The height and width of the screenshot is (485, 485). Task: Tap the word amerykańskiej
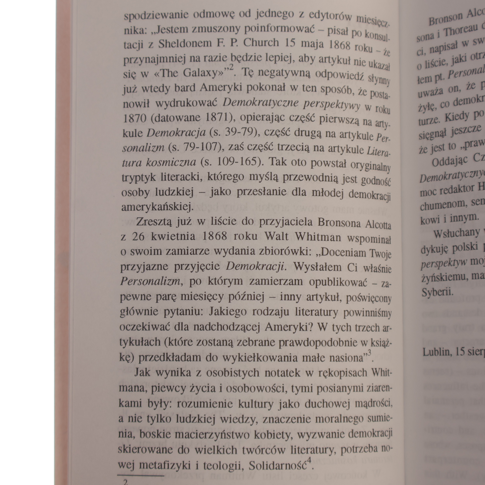click(x=157, y=207)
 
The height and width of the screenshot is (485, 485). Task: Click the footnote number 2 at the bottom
click(x=125, y=482)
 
